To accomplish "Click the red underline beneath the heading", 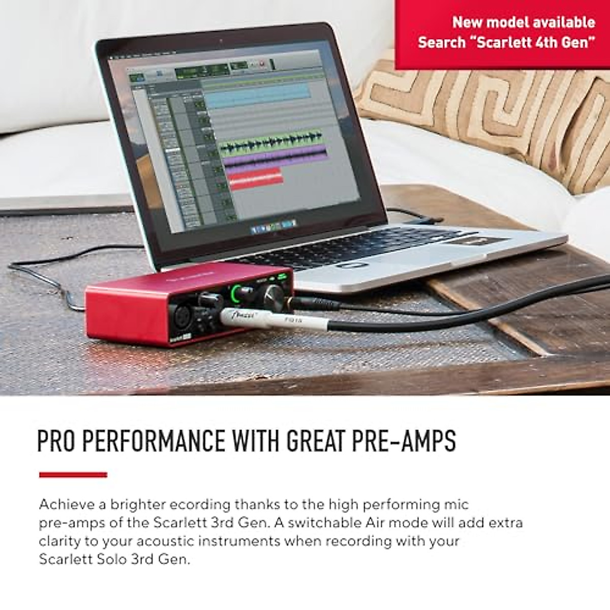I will (x=73, y=475).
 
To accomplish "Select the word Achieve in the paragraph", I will (x=67, y=505).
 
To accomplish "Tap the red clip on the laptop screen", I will (x=256, y=178).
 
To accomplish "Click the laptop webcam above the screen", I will (x=220, y=40).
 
